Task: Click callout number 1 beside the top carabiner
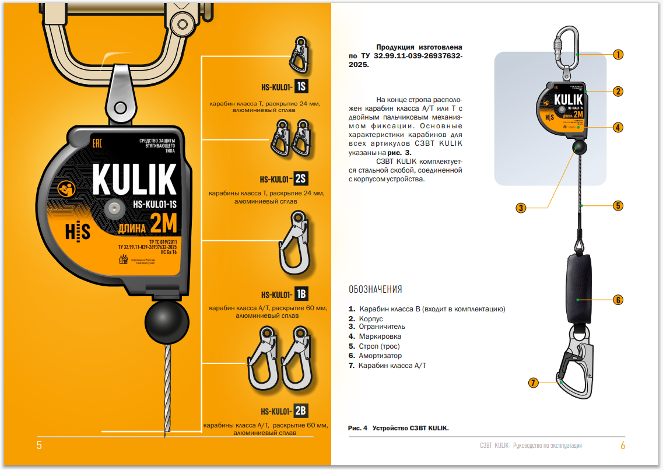618,54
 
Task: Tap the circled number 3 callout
521,208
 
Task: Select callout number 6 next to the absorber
618,300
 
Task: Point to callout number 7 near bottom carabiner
532,383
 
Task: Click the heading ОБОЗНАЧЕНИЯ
375,289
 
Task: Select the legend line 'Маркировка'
380,336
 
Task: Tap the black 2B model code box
301,411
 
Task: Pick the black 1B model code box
301,294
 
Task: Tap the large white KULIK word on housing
134,180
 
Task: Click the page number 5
39,446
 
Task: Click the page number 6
622,446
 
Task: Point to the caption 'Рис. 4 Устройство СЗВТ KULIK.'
398,428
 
